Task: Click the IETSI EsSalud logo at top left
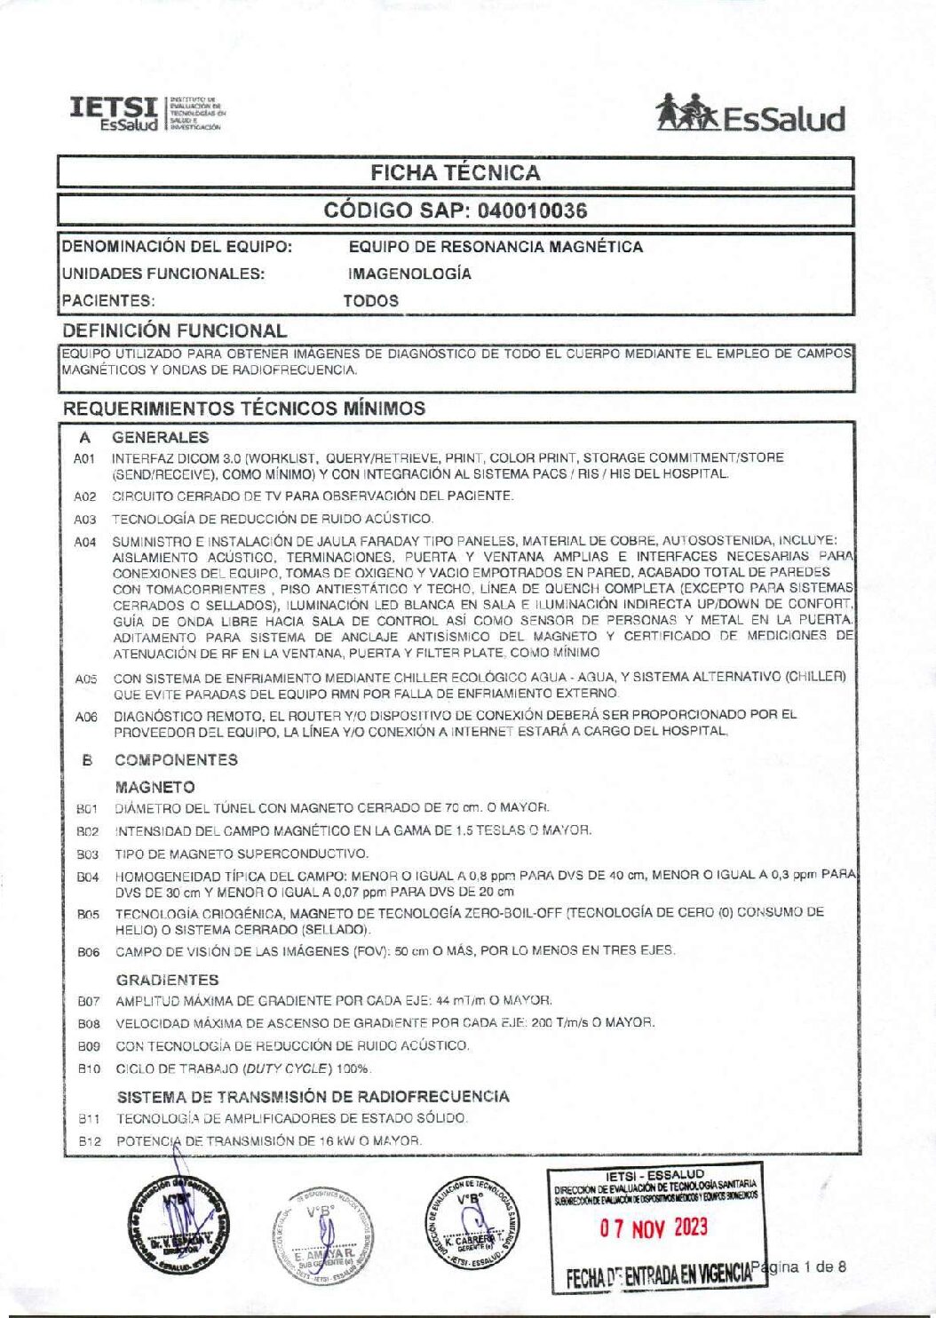point(146,114)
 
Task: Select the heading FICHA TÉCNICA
point(455,172)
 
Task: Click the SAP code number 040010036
point(532,210)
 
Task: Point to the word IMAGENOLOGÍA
point(409,274)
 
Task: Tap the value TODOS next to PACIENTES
point(371,301)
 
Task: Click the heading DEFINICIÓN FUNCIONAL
point(175,330)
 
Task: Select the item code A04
point(85,542)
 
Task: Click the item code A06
point(86,717)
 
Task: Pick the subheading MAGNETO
point(155,787)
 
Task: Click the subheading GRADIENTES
point(167,980)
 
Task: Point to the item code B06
point(88,952)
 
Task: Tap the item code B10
point(89,1069)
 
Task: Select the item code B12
point(89,1141)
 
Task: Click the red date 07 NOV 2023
point(654,1227)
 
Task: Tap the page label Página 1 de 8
point(798,1266)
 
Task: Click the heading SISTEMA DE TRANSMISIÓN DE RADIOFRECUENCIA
point(313,1096)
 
